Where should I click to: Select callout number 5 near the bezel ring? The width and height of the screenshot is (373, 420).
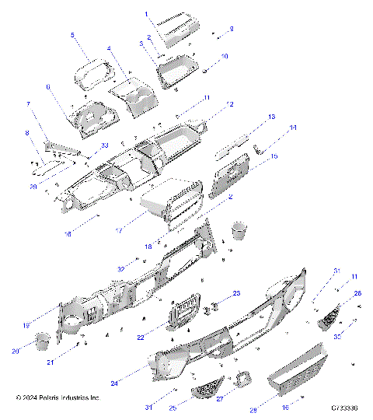click(72, 35)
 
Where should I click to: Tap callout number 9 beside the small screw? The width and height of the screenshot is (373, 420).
click(230, 28)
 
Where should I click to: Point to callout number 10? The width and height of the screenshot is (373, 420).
click(225, 56)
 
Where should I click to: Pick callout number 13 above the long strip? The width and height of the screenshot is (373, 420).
click(271, 116)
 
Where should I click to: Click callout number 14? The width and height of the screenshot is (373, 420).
click(293, 128)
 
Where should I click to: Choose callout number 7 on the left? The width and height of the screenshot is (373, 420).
click(29, 103)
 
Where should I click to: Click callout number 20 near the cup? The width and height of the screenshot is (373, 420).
click(16, 351)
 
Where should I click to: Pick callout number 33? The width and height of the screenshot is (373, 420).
click(104, 145)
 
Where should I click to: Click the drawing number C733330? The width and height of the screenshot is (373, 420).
click(344, 408)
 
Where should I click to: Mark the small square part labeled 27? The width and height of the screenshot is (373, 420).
click(242, 379)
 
